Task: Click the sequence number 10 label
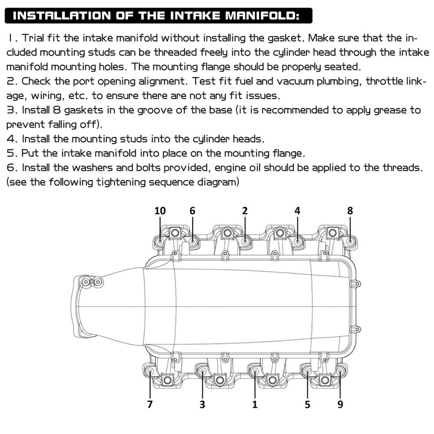tap(160, 211)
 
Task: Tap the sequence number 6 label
tap(192, 211)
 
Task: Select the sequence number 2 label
tap(245, 211)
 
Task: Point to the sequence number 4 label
tap(297, 211)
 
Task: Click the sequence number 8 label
tap(350, 211)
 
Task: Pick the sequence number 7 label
tap(150, 404)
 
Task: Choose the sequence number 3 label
tap(202, 404)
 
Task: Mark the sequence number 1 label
tap(255, 404)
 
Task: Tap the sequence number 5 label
tap(307, 404)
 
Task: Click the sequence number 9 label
tap(340, 404)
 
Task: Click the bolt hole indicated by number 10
tap(160, 241)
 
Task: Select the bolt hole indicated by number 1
tap(255, 372)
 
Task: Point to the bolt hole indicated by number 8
tap(351, 241)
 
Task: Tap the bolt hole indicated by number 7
tap(150, 372)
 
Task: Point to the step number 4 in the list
tap(10, 139)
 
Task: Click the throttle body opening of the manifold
tap(81, 307)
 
